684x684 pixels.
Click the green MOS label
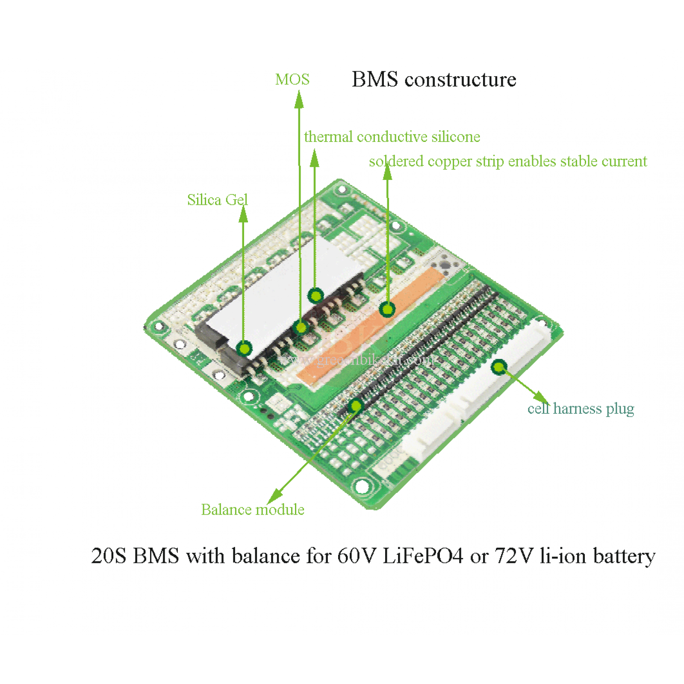point(292,80)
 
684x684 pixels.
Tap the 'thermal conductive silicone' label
point(392,137)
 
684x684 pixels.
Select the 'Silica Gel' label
point(217,200)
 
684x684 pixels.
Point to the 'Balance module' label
point(253,510)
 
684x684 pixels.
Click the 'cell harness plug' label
point(580,409)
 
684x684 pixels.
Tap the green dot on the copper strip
point(387,309)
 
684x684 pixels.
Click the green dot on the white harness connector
point(498,367)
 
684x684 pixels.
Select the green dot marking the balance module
point(356,405)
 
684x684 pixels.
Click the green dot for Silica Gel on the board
point(244,349)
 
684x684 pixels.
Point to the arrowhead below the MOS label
point(299,100)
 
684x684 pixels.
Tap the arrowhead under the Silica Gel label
point(243,214)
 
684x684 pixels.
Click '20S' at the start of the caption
point(109,556)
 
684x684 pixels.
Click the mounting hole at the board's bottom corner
point(362,486)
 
